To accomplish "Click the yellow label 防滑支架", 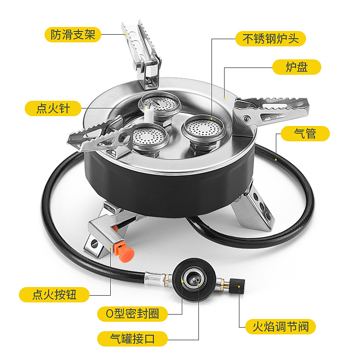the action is (x=73, y=35).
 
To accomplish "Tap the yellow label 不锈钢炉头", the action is (x=270, y=39).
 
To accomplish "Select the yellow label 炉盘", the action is (x=297, y=67).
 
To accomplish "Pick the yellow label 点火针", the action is (x=53, y=108).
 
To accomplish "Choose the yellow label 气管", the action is (x=305, y=134).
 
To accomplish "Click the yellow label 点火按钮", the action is (x=54, y=295).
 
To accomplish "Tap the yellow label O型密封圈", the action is (x=132, y=314).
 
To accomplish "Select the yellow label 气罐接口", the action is (x=132, y=339).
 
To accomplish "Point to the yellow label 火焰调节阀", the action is (x=280, y=327).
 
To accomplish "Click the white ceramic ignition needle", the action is (x=148, y=115).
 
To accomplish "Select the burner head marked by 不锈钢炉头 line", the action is (x=204, y=129).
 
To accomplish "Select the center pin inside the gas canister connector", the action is (x=194, y=279).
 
